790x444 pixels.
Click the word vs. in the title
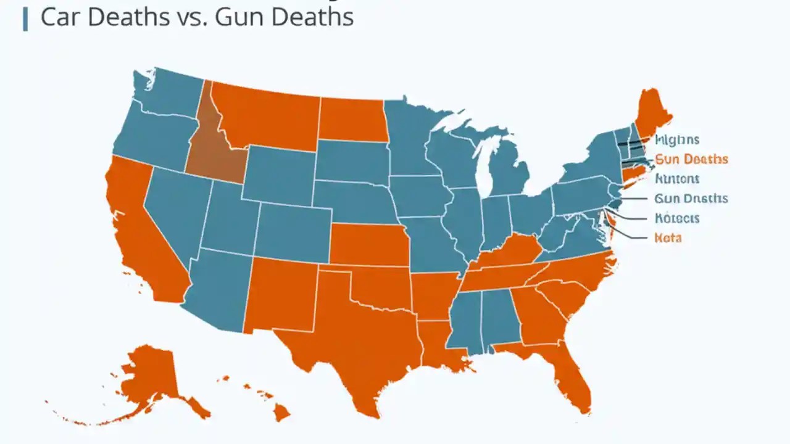(x=194, y=17)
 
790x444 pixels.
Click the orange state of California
(x=142, y=234)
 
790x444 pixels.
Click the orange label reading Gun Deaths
(x=691, y=160)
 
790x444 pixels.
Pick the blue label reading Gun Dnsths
(x=691, y=199)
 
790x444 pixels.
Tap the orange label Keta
(x=667, y=237)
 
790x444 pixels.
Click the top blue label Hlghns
(x=676, y=140)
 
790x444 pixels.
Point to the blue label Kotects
(x=676, y=218)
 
